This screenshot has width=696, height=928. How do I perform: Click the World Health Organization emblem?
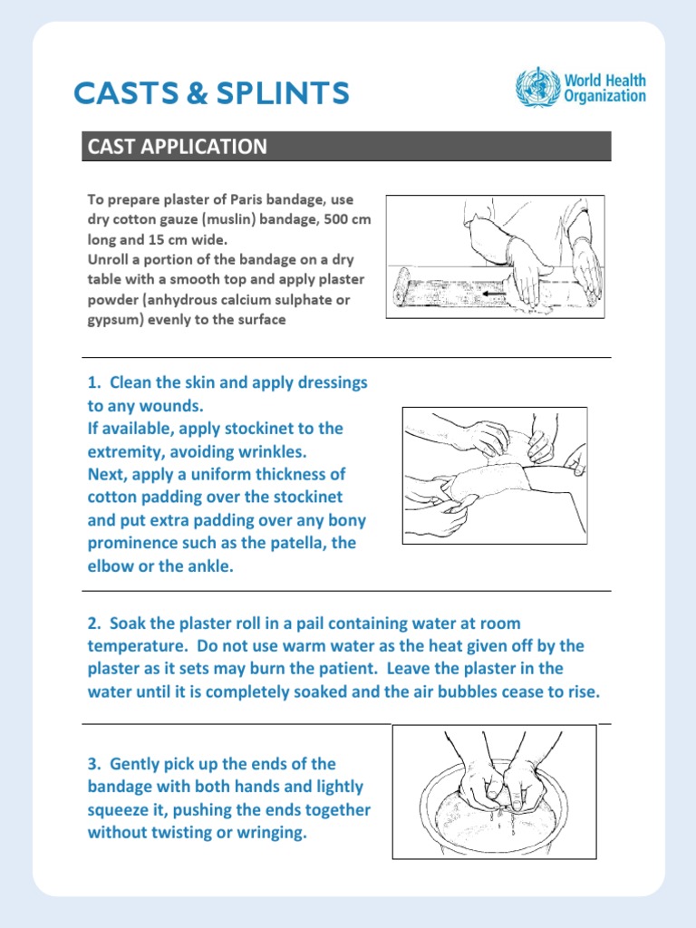538,88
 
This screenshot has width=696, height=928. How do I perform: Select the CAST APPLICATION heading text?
176,147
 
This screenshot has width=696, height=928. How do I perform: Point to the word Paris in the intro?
256,198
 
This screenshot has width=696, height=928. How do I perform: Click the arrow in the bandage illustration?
493,294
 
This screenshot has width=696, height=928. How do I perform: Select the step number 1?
93,382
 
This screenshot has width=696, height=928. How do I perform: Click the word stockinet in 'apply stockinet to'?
287,428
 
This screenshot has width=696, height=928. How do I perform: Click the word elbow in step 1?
110,566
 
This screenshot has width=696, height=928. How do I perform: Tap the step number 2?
93,623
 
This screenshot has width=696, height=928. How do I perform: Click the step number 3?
93,764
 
